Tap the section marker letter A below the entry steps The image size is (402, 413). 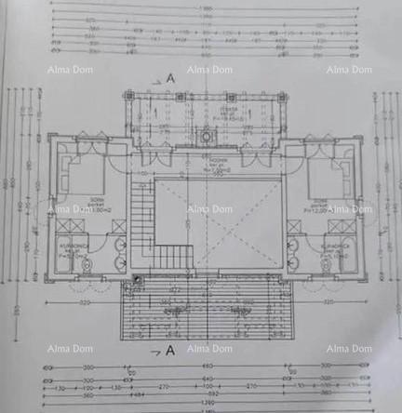click(x=169, y=351)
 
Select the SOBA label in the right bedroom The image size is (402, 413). click(x=321, y=203)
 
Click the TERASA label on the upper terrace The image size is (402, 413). click(x=211, y=109)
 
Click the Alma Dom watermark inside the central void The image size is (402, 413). click(x=209, y=209)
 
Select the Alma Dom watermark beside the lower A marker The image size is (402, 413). click(x=209, y=349)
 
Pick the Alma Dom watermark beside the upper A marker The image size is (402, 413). click(x=209, y=70)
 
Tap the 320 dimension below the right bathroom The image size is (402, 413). click(x=327, y=303)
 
